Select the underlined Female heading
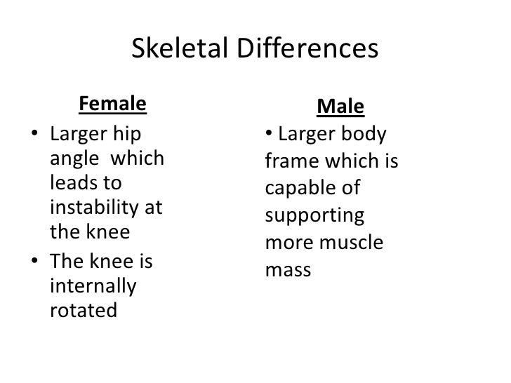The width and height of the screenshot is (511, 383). [x=113, y=105]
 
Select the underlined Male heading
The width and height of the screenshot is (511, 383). [x=340, y=107]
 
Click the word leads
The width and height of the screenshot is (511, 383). [x=74, y=183]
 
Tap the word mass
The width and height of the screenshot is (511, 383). [x=288, y=268]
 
